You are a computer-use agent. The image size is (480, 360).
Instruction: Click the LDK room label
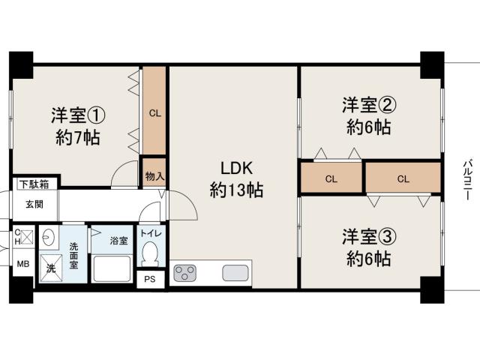pyautogui.click(x=237, y=168)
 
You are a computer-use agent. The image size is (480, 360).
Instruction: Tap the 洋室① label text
pyautogui.click(x=78, y=115)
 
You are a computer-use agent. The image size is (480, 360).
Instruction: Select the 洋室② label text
pyautogui.click(x=369, y=105)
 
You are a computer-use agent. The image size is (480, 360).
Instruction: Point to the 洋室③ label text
pyautogui.click(x=369, y=237)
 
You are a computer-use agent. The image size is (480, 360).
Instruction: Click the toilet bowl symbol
pyautogui.click(x=150, y=253)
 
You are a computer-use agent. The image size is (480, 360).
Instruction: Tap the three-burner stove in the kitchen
pyautogui.click(x=184, y=272)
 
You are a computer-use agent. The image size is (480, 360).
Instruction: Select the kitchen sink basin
pyautogui.click(x=235, y=272)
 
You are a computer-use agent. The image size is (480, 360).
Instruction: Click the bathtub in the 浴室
pyautogui.click(x=112, y=268)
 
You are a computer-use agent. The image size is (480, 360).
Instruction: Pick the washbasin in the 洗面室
pyautogui.click(x=48, y=236)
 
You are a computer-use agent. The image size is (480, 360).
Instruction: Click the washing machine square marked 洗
pyautogui.click(x=51, y=268)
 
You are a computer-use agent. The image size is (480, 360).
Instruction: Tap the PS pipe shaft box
pyautogui.click(x=150, y=279)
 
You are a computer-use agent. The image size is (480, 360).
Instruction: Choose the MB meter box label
pyautogui.click(x=23, y=263)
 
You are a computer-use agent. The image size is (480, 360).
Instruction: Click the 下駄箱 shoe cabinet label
pyautogui.click(x=34, y=184)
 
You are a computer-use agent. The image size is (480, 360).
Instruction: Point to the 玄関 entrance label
pyautogui.click(x=34, y=205)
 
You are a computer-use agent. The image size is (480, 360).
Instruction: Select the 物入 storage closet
pyautogui.click(x=154, y=172)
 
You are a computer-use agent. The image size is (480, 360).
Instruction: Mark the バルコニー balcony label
pyautogui.click(x=466, y=180)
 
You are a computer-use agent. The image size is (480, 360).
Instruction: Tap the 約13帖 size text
pyautogui.click(x=237, y=190)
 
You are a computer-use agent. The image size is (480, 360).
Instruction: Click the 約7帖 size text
pyautogui.click(x=78, y=138)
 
